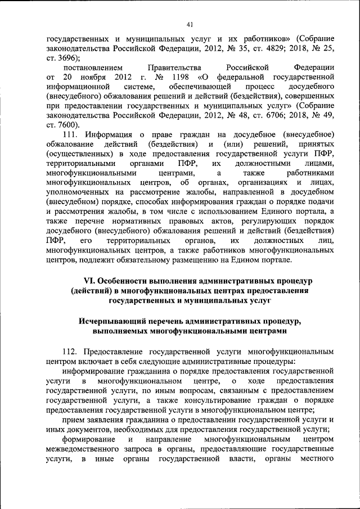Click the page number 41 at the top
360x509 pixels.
point(189,23)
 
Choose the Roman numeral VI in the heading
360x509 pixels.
point(89,281)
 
